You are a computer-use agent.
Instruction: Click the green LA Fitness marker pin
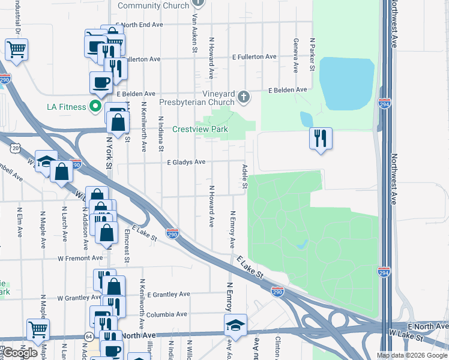pos(95,107)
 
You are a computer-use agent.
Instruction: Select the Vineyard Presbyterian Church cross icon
pos(244,97)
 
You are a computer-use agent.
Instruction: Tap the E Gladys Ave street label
pos(186,162)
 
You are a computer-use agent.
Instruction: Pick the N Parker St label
pos(312,55)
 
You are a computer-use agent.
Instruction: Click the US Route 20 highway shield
pos(16,148)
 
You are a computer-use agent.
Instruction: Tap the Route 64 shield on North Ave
pos(89,337)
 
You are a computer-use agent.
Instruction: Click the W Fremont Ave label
pos(80,258)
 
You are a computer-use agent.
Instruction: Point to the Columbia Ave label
pos(166,314)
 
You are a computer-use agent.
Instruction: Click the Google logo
pos(20,353)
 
